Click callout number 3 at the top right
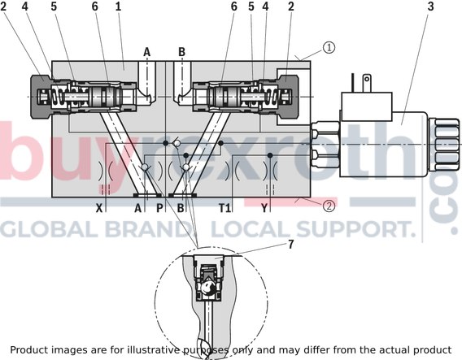point(430,7)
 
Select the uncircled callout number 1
point(118,7)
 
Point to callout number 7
point(291,245)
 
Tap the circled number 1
point(329,47)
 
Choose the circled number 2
point(329,206)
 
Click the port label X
point(99,208)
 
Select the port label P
point(159,208)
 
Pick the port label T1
point(224,208)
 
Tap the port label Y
point(264,208)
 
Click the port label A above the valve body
point(146,52)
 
